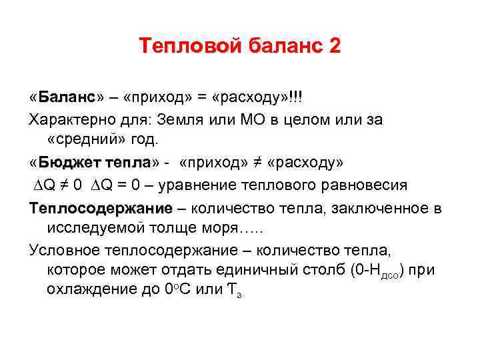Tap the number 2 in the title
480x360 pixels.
click(333, 46)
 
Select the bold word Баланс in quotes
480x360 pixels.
click(67, 98)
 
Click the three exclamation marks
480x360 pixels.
click(295, 98)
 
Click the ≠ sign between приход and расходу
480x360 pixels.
click(257, 163)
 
